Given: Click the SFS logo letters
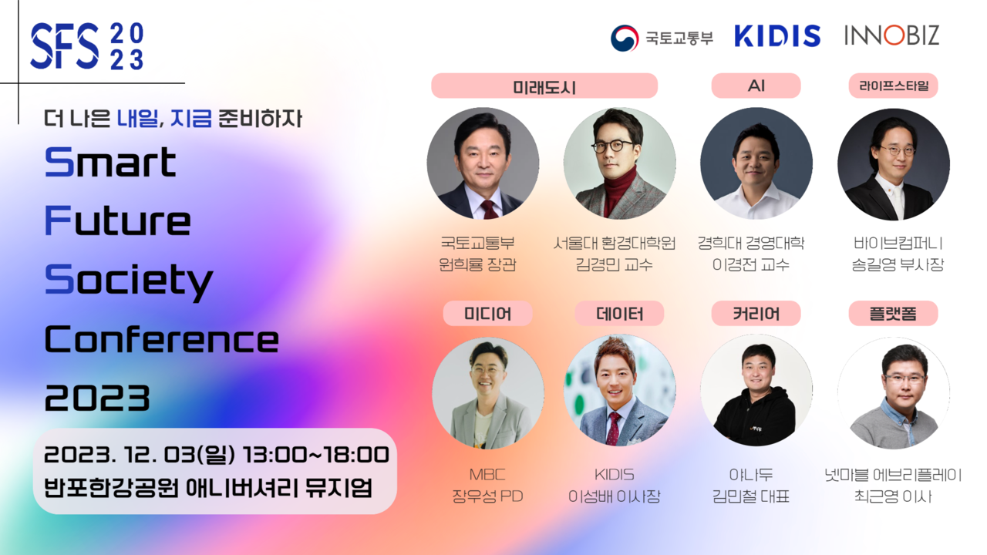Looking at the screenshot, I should click(x=65, y=46).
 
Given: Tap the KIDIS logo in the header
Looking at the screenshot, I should click(x=776, y=36).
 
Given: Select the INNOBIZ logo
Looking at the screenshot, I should click(x=891, y=35).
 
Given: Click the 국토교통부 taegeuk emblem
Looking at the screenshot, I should click(x=625, y=38).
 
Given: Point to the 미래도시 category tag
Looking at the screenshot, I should click(x=544, y=86).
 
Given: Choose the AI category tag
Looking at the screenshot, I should click(x=756, y=86).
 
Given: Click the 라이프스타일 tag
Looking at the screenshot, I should click(x=893, y=86).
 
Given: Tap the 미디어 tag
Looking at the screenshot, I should click(x=487, y=314).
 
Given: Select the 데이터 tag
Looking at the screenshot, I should click(x=619, y=314).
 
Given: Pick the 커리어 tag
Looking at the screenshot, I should click(x=756, y=314).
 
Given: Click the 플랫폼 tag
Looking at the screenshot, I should click(x=893, y=314).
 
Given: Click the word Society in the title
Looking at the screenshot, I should click(x=129, y=280).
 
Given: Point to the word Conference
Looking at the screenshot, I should click(x=161, y=339).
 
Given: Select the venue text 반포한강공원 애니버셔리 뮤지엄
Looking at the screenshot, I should click(x=208, y=488).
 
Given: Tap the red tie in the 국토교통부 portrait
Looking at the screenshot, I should click(x=489, y=209).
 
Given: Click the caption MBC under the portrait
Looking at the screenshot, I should click(x=487, y=475).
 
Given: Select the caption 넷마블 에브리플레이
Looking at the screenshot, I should click(x=893, y=475).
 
